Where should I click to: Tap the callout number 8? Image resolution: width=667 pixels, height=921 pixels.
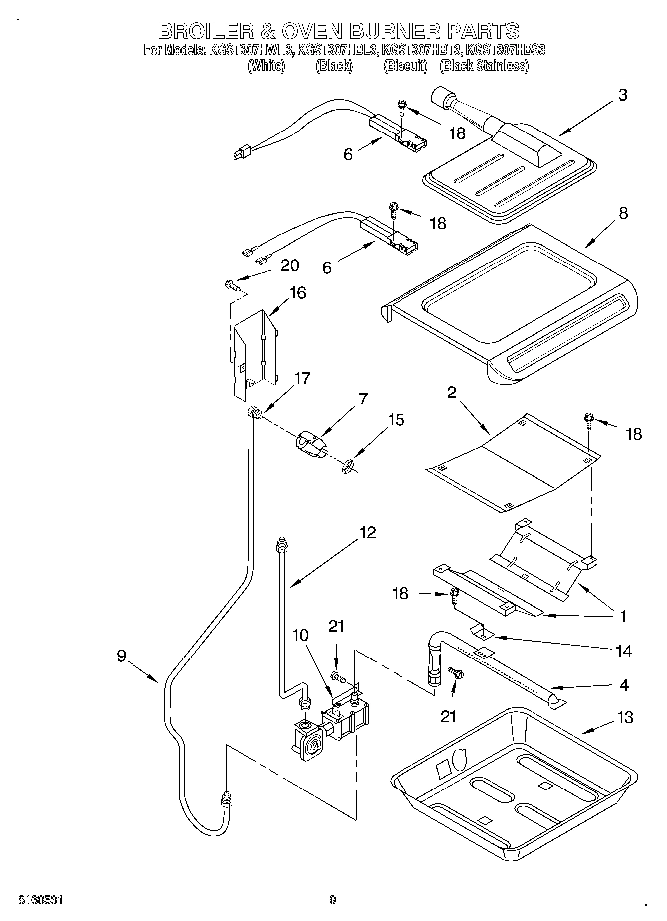pyautogui.click(x=622, y=213)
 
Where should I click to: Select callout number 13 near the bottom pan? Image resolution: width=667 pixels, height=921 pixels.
pyautogui.click(x=624, y=717)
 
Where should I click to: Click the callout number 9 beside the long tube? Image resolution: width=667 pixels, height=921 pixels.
pyautogui.click(x=121, y=656)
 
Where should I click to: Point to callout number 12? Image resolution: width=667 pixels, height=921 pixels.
pyautogui.click(x=367, y=532)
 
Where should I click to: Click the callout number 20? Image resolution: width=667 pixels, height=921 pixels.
pyautogui.click(x=290, y=265)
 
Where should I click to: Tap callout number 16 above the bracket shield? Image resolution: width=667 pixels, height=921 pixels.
pyautogui.click(x=297, y=293)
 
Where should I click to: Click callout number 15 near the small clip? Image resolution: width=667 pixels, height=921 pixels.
pyautogui.click(x=396, y=420)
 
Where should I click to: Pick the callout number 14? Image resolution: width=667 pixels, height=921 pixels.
pyautogui.click(x=623, y=651)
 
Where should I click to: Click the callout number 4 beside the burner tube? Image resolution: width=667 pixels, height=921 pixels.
pyautogui.click(x=624, y=685)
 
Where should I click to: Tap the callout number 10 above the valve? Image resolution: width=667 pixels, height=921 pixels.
pyautogui.click(x=300, y=635)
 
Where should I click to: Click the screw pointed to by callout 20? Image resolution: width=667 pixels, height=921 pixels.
pyautogui.click(x=232, y=285)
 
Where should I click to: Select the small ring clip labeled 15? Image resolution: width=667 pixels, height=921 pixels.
pyautogui.click(x=347, y=467)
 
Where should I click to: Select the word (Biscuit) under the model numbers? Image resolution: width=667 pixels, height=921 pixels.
pyautogui.click(x=405, y=66)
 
